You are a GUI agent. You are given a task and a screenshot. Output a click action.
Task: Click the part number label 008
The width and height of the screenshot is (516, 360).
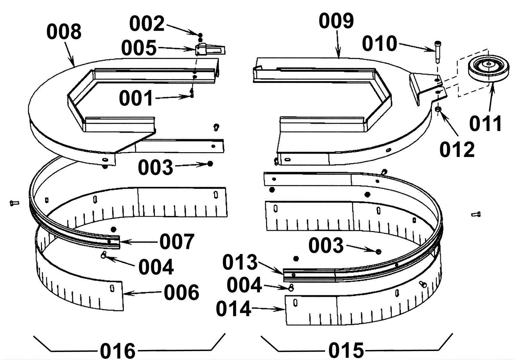pyautogui.click(x=64, y=32)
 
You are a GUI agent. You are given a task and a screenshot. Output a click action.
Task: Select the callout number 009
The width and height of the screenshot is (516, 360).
pyautogui.click(x=336, y=21)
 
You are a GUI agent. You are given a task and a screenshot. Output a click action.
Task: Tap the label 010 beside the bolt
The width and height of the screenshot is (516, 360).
pyautogui.click(x=380, y=44)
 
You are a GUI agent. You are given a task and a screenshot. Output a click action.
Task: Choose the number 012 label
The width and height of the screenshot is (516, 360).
pyautogui.click(x=457, y=150)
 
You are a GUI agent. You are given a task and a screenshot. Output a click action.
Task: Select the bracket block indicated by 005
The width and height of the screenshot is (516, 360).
pyautogui.click(x=210, y=50)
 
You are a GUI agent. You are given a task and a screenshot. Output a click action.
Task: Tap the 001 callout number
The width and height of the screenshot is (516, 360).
pyautogui.click(x=136, y=98)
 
